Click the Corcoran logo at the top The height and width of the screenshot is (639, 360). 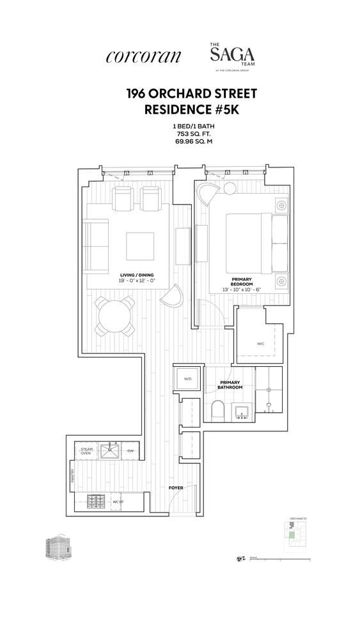click(143, 56)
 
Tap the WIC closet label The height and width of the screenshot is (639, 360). click(260, 344)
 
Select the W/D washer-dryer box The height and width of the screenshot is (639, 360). click(188, 379)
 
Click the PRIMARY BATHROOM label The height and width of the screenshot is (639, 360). click(230, 385)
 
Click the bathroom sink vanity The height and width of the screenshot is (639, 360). click(242, 411)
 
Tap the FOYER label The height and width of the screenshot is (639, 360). click(176, 488)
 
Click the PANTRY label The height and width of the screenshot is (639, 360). click(72, 476)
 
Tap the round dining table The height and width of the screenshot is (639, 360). click(115, 316)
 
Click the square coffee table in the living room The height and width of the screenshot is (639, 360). click(139, 245)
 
